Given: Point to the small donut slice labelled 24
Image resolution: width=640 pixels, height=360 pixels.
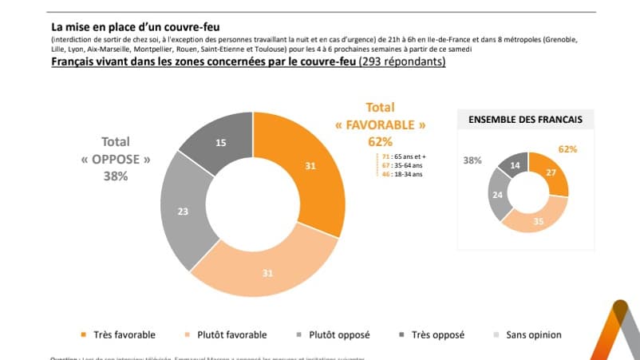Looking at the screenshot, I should pos(499,194).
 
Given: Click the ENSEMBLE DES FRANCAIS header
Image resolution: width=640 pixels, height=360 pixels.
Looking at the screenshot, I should pos(523,120).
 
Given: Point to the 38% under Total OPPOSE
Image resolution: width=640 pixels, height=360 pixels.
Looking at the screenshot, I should pos(115,176).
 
